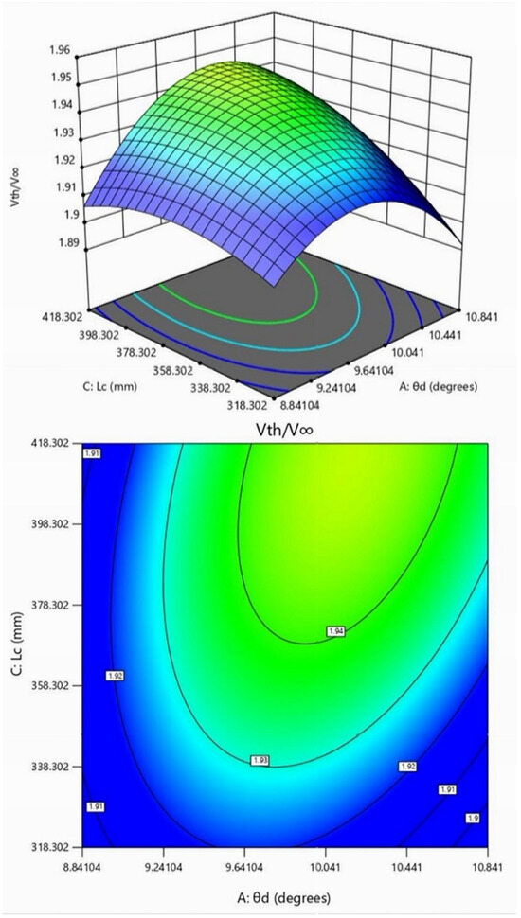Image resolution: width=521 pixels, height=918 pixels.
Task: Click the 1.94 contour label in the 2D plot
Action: coord(334,631)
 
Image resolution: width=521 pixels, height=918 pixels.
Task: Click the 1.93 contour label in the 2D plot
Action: coord(260,760)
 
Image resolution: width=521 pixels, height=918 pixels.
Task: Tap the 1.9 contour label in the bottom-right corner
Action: coord(473,817)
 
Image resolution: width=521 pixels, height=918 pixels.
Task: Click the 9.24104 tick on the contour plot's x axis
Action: coord(163,864)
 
